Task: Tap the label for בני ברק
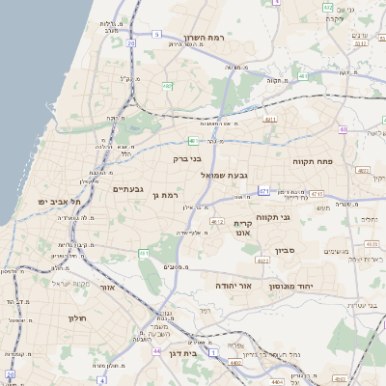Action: point(187,157)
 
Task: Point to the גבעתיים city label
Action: point(127,189)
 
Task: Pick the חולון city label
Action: point(77,317)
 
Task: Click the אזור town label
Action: point(108,288)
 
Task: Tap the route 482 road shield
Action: point(167,86)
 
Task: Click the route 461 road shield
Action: point(144,253)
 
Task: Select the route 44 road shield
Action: point(155,351)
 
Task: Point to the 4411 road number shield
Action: point(269,120)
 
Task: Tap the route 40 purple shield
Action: point(343,129)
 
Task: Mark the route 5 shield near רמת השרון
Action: point(156,34)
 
